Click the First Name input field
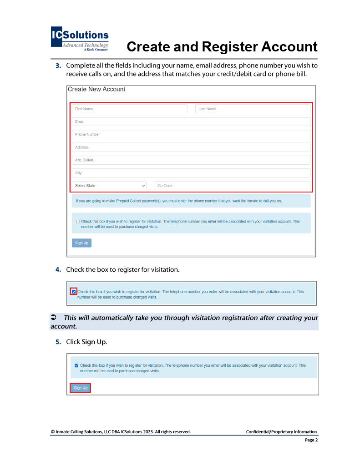(129, 109)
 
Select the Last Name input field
(253, 109)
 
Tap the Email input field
(191, 122)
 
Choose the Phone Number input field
(191, 134)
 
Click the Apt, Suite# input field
(191, 160)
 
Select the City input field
(191, 173)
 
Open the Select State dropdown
(110, 186)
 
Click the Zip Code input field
(232, 186)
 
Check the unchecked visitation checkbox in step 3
(78, 222)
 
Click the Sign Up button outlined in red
(81, 388)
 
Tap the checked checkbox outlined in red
(74, 291)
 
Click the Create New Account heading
(96, 89)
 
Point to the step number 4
(58, 269)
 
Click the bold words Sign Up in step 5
(94, 342)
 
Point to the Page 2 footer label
(311, 440)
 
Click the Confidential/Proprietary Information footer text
(281, 431)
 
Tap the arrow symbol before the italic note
(53, 318)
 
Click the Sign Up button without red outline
(81, 243)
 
